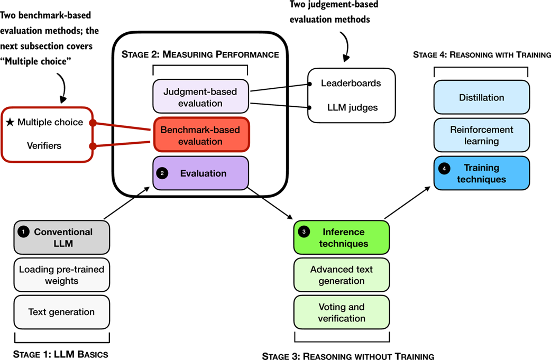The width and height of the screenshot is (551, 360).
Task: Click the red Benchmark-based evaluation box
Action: click(200, 135)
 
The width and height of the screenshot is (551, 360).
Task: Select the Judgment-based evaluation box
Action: click(200, 96)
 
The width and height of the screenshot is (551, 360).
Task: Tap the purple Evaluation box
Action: click(200, 173)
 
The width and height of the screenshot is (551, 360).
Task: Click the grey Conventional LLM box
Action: click(62, 237)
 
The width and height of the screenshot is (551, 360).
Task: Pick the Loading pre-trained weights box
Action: click(62, 275)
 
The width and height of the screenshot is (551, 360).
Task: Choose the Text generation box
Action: click(62, 312)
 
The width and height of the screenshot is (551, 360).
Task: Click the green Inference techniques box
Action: click(341, 238)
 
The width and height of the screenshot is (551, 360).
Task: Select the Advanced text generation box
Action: click(341, 275)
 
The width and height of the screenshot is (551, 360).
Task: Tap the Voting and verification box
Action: click(341, 312)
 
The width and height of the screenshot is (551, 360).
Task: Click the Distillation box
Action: click(481, 98)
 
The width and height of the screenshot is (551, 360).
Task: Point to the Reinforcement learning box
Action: click(481, 135)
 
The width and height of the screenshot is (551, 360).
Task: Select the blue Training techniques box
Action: click(481, 173)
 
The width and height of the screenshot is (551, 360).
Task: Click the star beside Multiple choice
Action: click(10, 123)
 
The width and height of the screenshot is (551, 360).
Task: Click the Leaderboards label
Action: click(351, 84)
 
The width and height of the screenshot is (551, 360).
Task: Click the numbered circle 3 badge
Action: click(304, 232)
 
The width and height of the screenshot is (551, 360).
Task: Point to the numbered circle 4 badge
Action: click(444, 168)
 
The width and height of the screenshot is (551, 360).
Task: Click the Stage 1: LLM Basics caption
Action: click(61, 354)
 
